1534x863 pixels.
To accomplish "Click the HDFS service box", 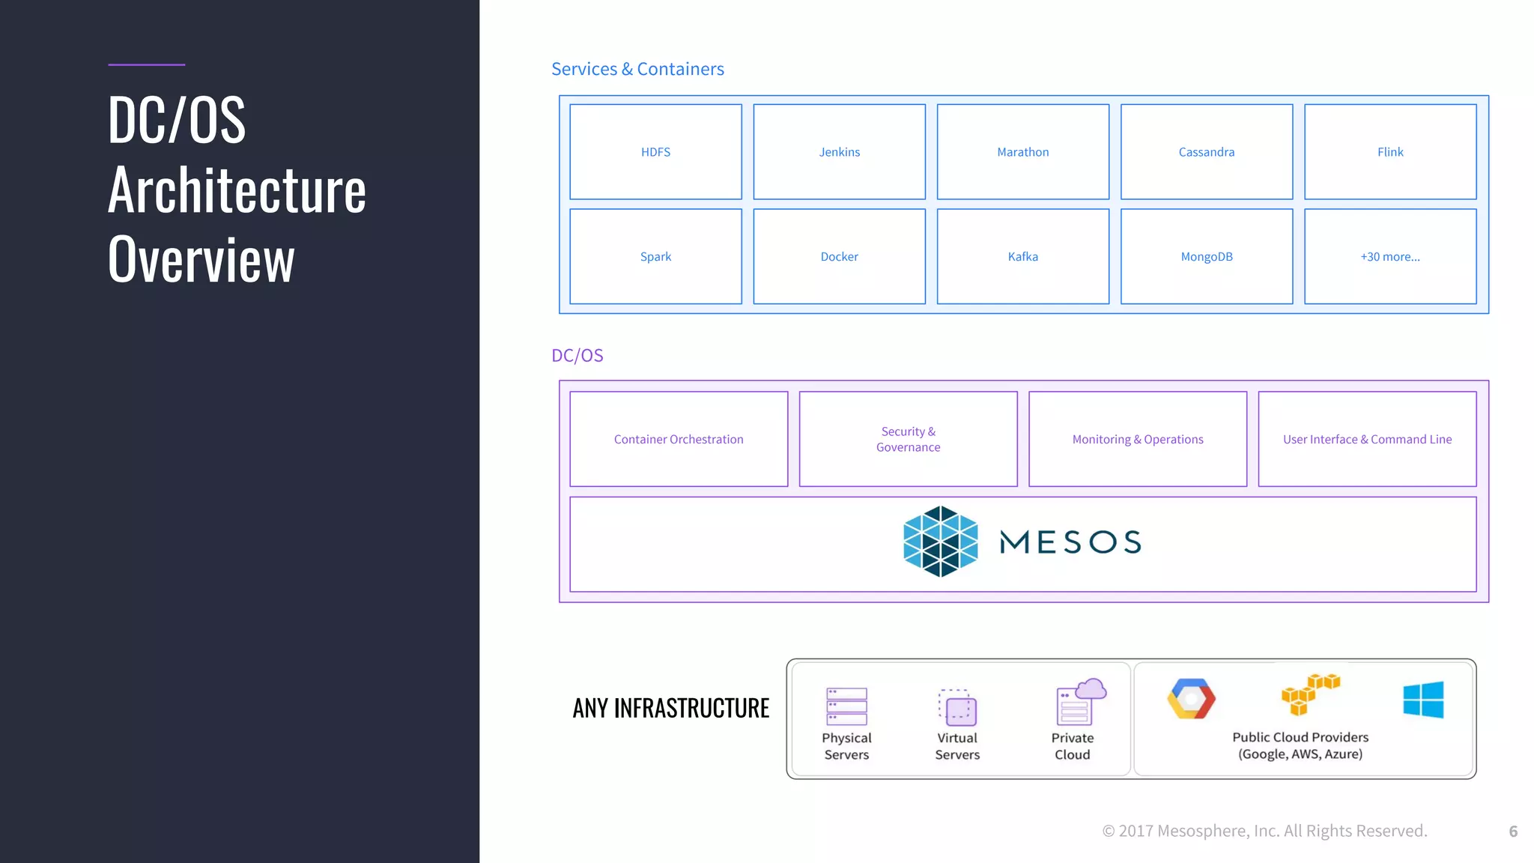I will pos(655,152).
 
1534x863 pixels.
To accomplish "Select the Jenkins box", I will pos(839,152).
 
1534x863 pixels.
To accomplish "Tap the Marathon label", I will pos(1022,152).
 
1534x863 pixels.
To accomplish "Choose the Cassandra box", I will pos(1206,152).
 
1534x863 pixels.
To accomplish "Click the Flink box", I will pos(1390,152).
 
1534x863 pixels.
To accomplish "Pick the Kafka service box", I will pos(1022,256).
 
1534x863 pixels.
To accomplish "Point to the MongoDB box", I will pos(1206,256).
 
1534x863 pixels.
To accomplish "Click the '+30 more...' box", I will pos(1390,256).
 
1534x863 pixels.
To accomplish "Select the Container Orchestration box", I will pos(679,439).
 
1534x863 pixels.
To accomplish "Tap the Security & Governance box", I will pos(908,439).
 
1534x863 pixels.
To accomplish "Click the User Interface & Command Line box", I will pos(1367,439).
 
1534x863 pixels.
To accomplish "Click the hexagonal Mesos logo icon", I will pos(940,542).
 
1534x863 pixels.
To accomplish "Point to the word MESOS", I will pos(1070,542).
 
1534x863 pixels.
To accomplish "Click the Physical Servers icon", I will pos(846,706).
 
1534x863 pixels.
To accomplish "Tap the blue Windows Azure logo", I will pos(1423,700).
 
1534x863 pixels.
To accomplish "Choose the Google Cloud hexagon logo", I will pos(1191,699).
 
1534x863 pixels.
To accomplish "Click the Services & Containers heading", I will pos(637,69).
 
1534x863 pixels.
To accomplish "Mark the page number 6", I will pos(1513,832).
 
